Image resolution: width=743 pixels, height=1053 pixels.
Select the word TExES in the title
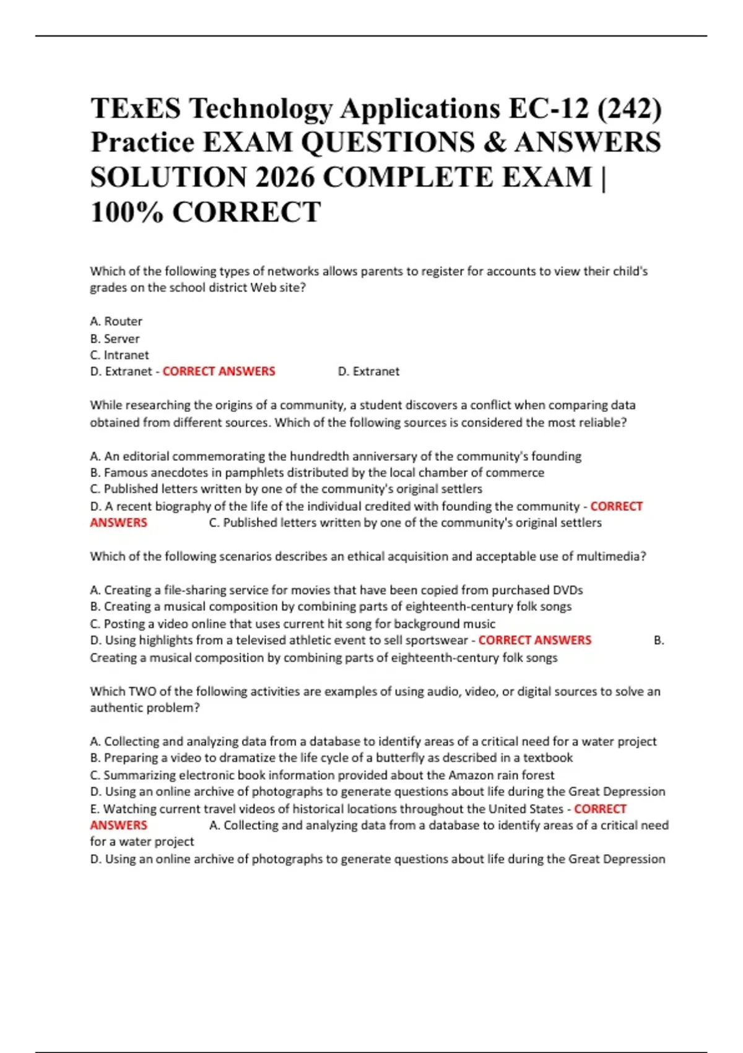tap(136, 109)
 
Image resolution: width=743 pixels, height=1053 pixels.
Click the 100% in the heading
tap(127, 212)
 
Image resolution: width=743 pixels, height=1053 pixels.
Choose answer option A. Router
tap(116, 321)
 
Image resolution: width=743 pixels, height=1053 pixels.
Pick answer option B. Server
tap(115, 339)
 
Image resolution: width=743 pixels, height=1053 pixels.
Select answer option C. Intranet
tap(119, 355)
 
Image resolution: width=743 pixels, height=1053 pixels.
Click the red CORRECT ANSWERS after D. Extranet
tap(219, 372)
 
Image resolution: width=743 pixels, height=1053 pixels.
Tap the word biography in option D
tap(183, 507)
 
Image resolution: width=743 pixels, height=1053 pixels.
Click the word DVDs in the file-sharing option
tap(568, 590)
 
